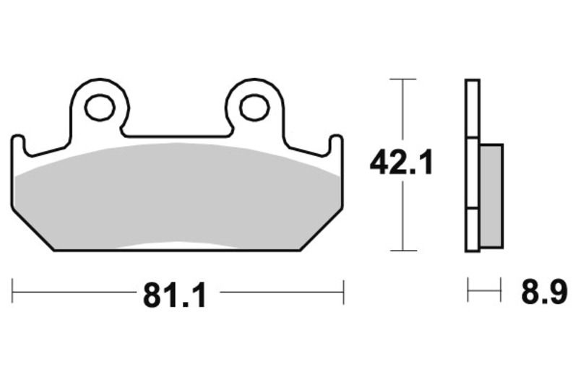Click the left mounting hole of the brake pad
[x=99, y=108]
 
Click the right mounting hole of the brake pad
[x=254, y=108]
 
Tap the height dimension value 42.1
[x=401, y=164]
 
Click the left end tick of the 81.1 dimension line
[x=13, y=293]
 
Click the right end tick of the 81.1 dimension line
[x=343, y=293]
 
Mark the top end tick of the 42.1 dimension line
[x=402, y=79]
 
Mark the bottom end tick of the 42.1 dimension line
[x=402, y=251]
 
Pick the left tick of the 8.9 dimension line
[x=468, y=293]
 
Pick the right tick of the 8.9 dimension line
[x=501, y=293]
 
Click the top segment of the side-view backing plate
[x=472, y=108]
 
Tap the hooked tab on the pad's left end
[x=20, y=144]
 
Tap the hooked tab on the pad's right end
[x=336, y=144]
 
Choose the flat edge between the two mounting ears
[x=177, y=136]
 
